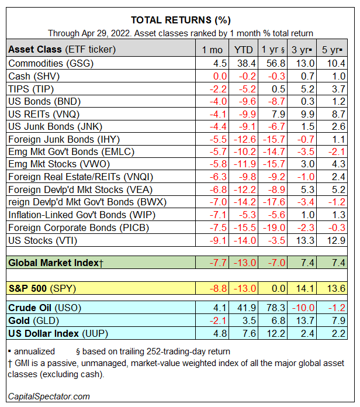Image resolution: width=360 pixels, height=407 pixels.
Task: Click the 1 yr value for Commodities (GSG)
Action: pos(275,63)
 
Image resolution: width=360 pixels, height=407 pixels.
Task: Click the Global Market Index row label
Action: pos(56,263)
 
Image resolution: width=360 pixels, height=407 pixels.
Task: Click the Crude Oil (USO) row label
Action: pos(44,308)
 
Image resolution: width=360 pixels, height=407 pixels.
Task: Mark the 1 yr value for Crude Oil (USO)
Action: pos(275,308)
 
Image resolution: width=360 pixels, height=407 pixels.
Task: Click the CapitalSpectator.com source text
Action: pos(49,396)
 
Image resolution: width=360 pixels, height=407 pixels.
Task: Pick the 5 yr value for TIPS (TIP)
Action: pos(337,89)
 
